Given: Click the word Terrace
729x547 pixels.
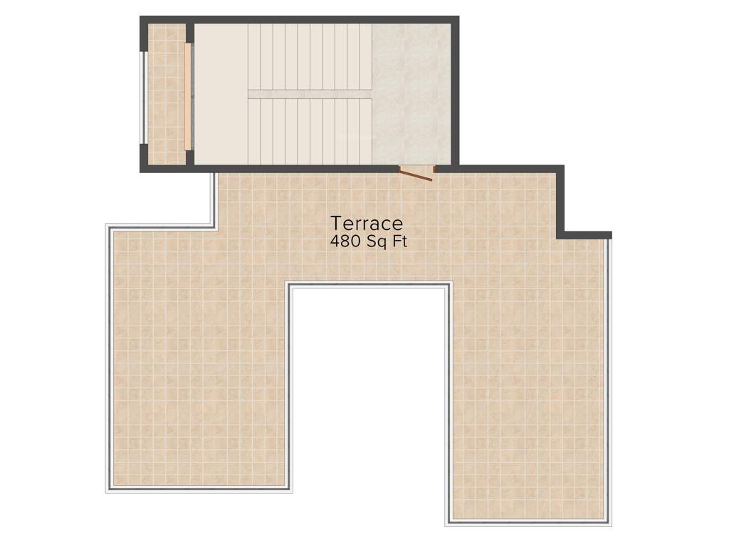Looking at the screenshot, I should pos(367,224).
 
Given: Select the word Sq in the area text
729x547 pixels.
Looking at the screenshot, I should pos(376,242).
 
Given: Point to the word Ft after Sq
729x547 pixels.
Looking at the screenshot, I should pos(400,241).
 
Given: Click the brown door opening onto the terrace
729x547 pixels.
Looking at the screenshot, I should pos(416,173).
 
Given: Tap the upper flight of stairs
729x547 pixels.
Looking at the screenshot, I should pos(310,56).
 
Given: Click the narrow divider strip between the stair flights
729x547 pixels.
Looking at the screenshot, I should pos(310,94).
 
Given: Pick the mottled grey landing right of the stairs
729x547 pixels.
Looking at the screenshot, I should pos(411,93).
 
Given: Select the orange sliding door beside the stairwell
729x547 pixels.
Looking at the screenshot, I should pos(188,96).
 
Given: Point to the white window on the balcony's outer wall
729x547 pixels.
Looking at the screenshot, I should pos(144,96).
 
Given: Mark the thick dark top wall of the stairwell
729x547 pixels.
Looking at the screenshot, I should pos(299,19).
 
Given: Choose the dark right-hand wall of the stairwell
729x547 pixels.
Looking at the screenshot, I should pos(455,93).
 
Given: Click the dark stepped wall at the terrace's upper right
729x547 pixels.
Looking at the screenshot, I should pos(561,203).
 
